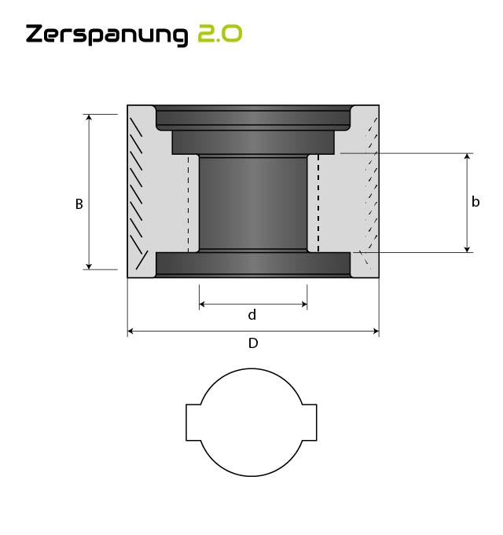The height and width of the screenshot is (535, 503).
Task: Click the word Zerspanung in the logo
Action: click(107, 35)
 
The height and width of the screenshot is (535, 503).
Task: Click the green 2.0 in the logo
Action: click(219, 34)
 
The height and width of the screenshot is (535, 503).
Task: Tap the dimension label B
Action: click(79, 203)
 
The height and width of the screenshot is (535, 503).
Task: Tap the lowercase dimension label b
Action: click(475, 202)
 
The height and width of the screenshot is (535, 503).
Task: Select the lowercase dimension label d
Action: click(252, 315)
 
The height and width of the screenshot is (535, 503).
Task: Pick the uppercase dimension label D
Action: click(253, 343)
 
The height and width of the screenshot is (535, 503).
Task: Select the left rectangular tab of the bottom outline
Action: click(194, 423)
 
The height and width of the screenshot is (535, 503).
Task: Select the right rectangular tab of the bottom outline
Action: click(310, 423)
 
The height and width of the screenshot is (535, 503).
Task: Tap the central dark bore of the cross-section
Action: click(252, 203)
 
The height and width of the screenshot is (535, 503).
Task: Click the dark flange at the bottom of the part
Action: click(252, 264)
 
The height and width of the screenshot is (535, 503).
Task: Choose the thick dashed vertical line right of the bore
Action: click(318, 203)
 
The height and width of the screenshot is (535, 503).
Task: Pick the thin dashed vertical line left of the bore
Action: click(188, 203)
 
